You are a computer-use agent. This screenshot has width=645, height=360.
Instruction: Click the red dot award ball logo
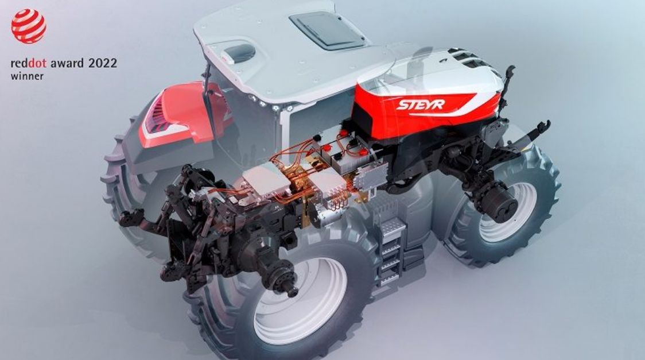pyautogui.click(x=28, y=26)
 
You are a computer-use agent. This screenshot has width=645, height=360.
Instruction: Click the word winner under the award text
pyautogui.click(x=27, y=76)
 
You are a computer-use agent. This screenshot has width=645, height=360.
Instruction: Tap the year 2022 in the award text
pyautogui.click(x=103, y=63)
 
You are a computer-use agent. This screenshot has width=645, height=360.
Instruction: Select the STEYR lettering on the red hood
pyautogui.click(x=421, y=104)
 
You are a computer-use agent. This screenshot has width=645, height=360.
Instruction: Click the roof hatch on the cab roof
pyautogui.click(x=327, y=30)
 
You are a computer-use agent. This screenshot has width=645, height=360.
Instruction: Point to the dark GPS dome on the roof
pyautogui.click(x=239, y=53)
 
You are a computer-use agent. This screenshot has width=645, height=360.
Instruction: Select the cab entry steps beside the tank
pyautogui.click(x=391, y=251)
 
